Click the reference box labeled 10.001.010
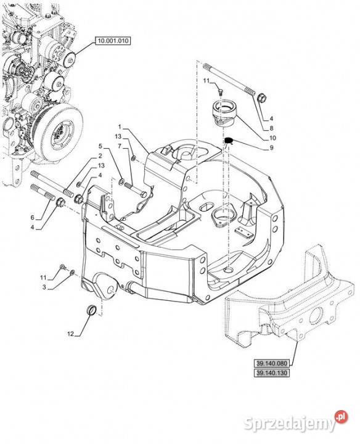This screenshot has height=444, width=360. [x=113, y=41]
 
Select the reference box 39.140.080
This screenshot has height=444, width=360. [x=272, y=363]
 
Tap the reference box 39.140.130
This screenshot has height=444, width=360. [x=272, y=373]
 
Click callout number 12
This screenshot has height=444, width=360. [x=70, y=334]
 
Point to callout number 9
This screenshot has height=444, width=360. [x=271, y=148]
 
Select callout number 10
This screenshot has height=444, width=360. [x=272, y=138]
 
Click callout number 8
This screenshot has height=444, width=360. [x=271, y=128]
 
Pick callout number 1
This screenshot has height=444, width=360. [x=120, y=126]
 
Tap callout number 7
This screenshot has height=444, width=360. [x=120, y=146]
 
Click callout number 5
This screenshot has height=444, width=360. [x=100, y=146]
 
